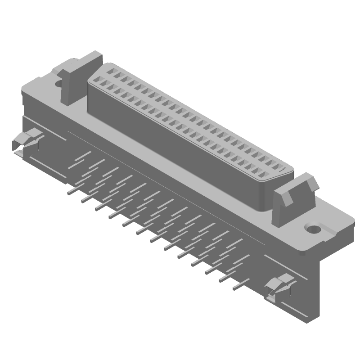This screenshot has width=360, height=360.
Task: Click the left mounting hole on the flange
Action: coord(59,83)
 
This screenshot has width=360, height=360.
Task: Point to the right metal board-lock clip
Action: coord(279,288)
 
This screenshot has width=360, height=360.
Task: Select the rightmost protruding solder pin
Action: coord(238,285)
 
